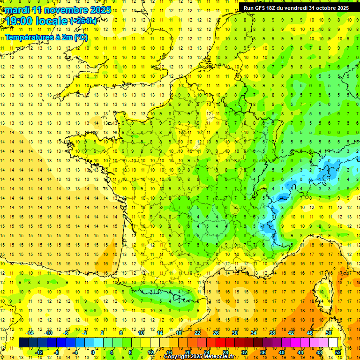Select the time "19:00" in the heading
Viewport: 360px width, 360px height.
pos(21,21)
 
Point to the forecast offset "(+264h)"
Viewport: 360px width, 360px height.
pos(83,21)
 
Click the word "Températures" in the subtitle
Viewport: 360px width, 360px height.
pos(29,37)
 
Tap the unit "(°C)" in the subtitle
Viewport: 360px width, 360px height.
pos(80,37)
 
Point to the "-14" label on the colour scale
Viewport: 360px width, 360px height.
pos(30,333)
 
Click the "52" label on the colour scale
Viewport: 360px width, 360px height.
pos(338,352)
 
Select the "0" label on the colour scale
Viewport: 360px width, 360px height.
pos(92,352)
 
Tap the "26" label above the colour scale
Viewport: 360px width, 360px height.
pos(216,333)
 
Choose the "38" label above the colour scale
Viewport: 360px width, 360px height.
pos(272,333)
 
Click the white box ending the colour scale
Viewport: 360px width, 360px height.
pos(333,343)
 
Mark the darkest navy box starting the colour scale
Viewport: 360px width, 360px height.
pos(23,343)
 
